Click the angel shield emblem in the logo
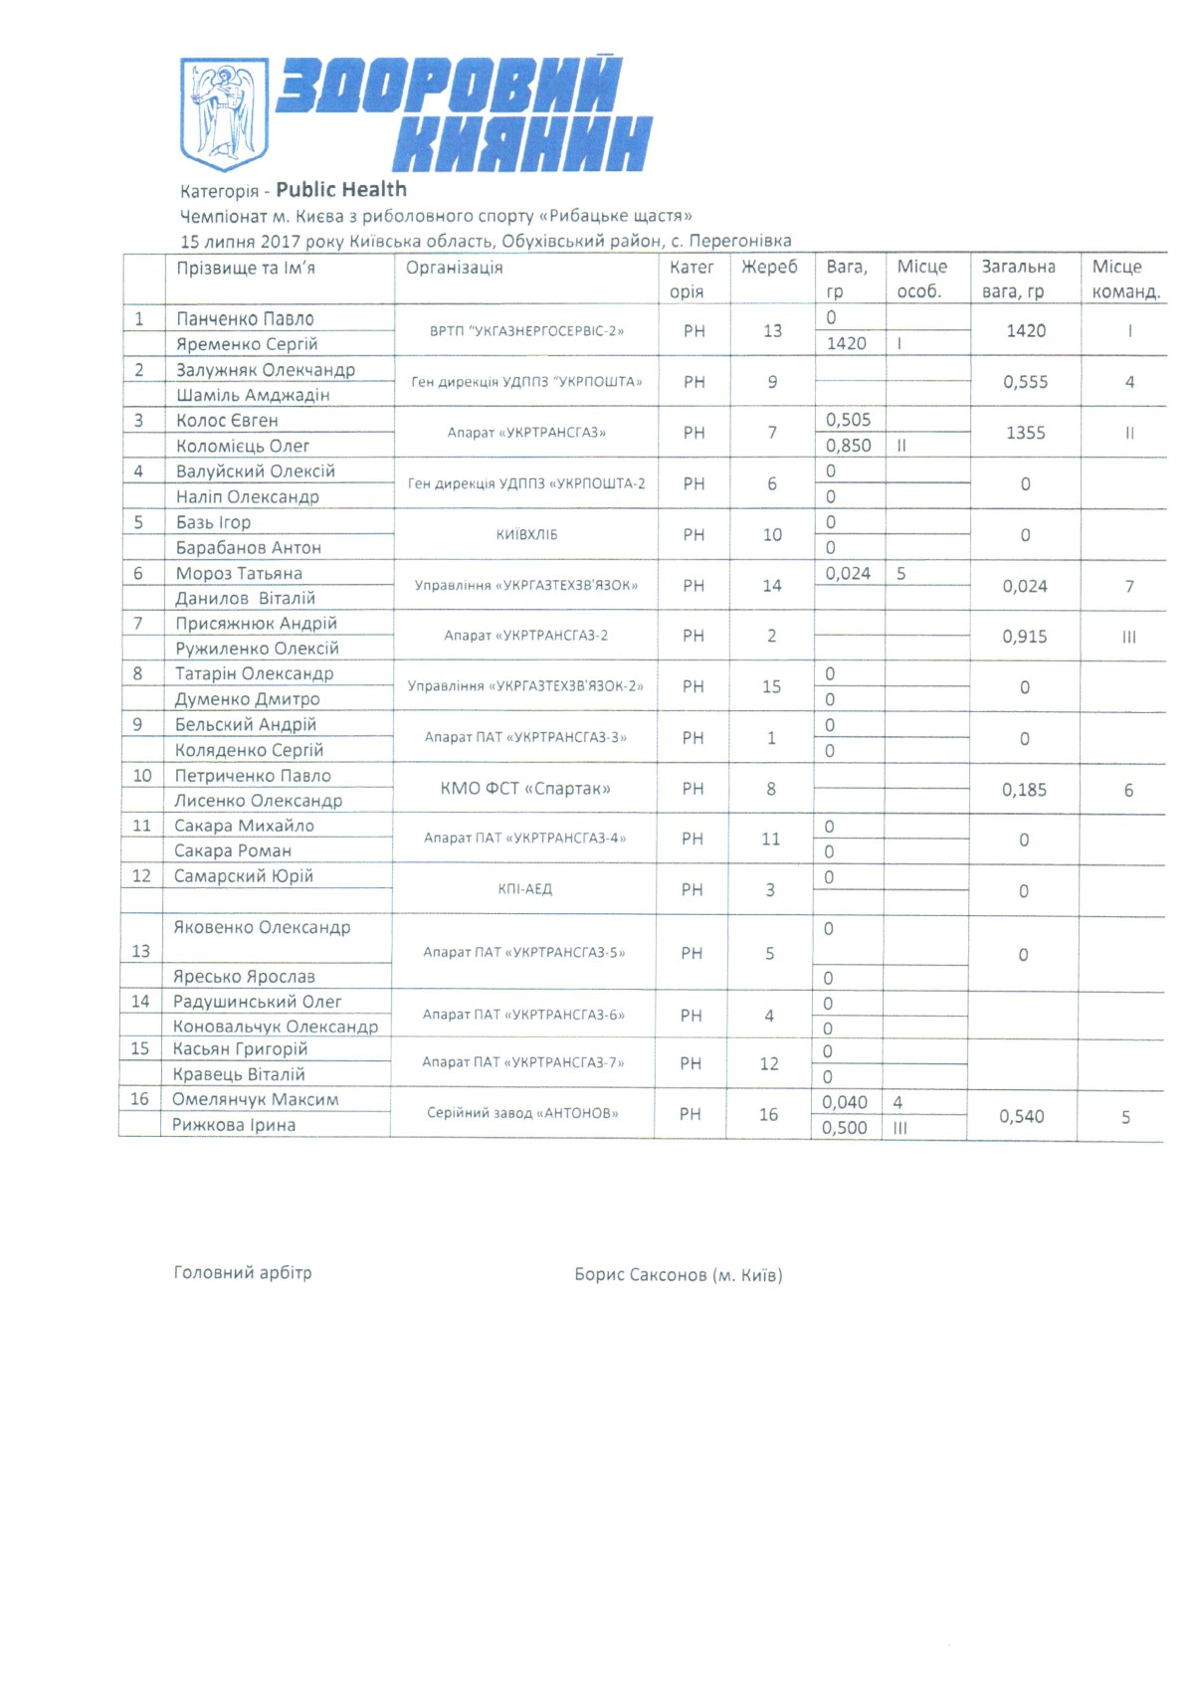coord(224,113)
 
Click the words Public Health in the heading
coord(341,189)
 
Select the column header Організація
coord(454,268)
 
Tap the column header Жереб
coord(769,267)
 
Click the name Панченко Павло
coord(245,319)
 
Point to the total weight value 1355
coord(1025,433)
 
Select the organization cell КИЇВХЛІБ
coord(526,535)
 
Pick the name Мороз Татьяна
coord(239,574)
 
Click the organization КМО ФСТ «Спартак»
coord(525,789)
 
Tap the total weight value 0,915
coord(1025,637)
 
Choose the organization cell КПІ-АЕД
coord(524,889)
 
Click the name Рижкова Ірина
coord(234,1125)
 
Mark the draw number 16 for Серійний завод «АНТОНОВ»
coord(768,1114)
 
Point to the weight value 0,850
coord(848,446)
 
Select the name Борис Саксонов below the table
coord(641,1275)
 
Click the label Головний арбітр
coord(243,1273)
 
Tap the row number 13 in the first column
coord(140,952)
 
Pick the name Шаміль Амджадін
coord(253,395)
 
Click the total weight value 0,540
coord(1022,1117)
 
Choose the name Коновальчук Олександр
coord(276,1027)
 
